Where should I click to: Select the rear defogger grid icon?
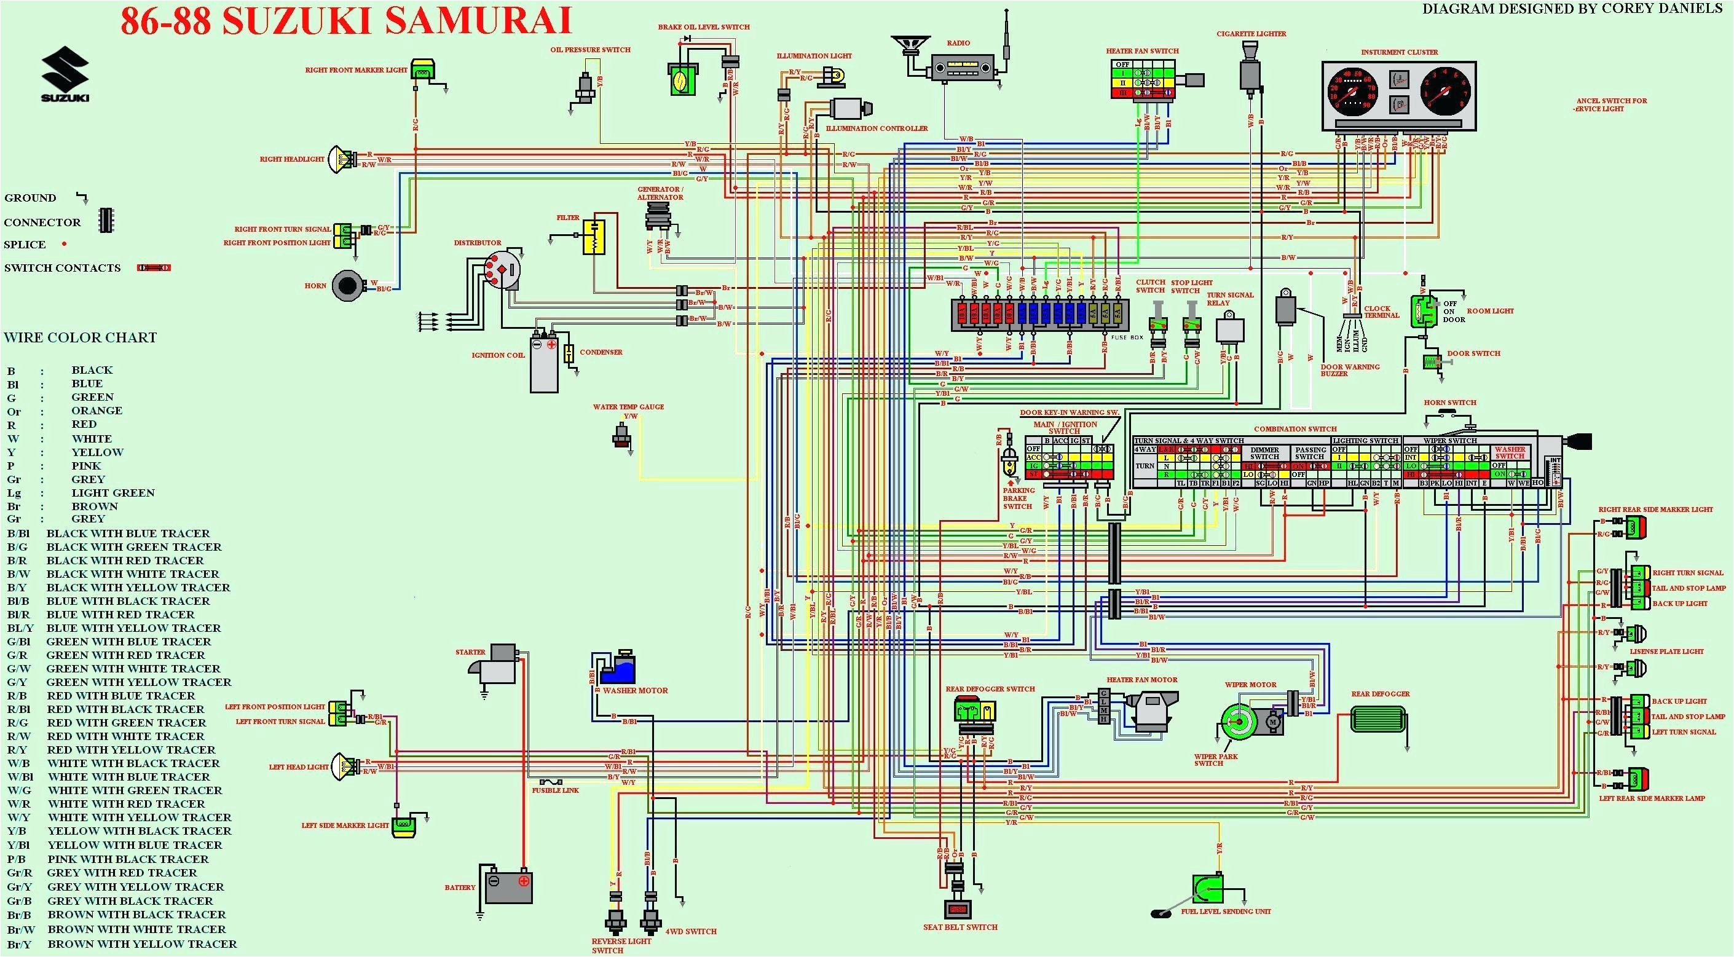click(x=1378, y=719)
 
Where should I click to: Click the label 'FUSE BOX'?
click(x=1127, y=337)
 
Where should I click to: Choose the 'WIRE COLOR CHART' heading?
click(x=80, y=338)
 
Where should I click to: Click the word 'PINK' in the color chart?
click(x=86, y=466)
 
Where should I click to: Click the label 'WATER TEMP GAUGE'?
click(x=628, y=406)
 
